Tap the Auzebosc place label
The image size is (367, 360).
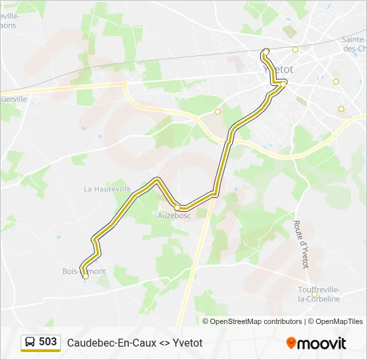(x=173, y=215)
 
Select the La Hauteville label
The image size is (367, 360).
(x=106, y=189)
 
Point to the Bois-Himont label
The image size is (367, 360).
(x=84, y=271)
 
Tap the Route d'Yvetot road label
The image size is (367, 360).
(x=301, y=245)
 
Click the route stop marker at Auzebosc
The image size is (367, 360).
(x=177, y=207)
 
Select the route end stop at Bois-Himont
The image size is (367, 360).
(x=85, y=275)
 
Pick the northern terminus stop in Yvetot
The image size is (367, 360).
(x=266, y=51)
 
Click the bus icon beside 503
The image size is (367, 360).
(x=30, y=342)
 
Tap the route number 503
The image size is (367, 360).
(x=47, y=341)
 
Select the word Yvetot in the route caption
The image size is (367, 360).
(x=188, y=343)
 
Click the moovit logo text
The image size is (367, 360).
(x=322, y=343)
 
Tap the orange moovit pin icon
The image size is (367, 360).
(x=291, y=343)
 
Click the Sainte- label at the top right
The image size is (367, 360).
(x=354, y=39)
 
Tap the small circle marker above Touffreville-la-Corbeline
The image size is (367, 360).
(x=314, y=294)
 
